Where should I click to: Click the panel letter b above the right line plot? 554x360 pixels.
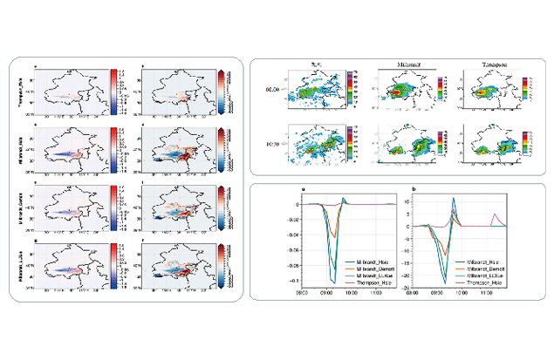[409, 188]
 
